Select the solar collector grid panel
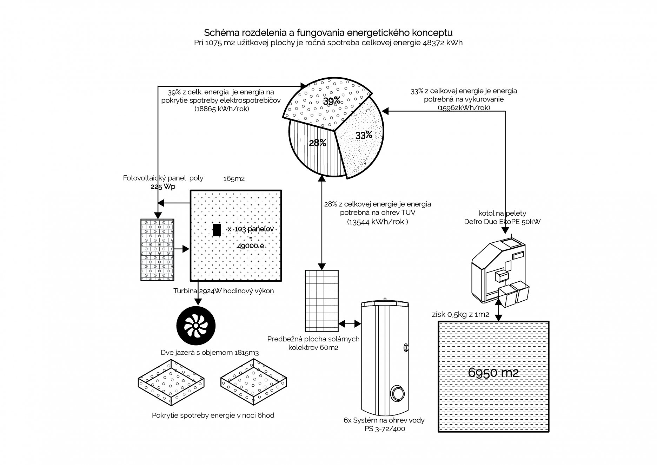point(322,301)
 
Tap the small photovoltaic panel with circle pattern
point(157,250)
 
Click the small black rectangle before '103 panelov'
point(217,230)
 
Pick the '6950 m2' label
point(493,373)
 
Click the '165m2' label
point(234,179)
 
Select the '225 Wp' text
point(163,186)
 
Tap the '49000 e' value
point(251,246)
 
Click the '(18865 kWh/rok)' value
point(222,109)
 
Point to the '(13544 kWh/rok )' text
point(378,222)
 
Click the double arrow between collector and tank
point(350,323)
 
